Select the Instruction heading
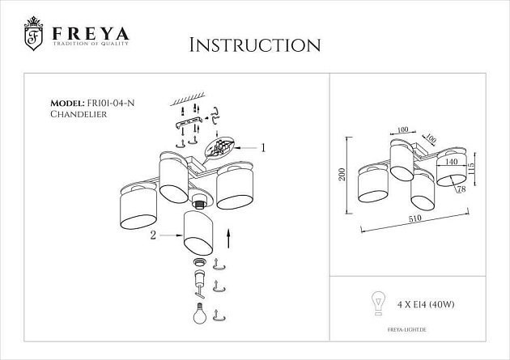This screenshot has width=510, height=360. coord(254,44)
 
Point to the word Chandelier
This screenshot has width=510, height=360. coord(79,115)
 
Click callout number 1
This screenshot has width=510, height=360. coord(262,147)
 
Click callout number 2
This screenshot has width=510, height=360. coord(152,235)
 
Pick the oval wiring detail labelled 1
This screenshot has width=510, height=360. coord(220,148)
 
